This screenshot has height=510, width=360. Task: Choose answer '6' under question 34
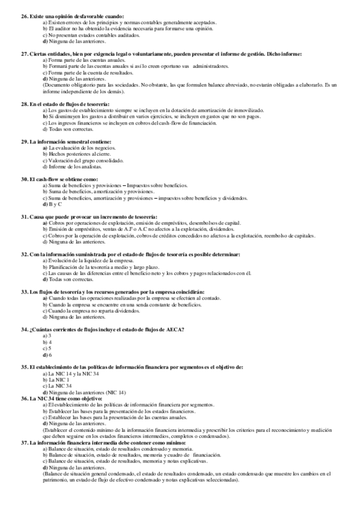click(x=50, y=355)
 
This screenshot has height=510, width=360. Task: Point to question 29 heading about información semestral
click(x=75, y=141)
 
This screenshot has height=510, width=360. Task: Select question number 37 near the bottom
click(x=24, y=442)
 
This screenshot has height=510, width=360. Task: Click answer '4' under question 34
click(x=50, y=342)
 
